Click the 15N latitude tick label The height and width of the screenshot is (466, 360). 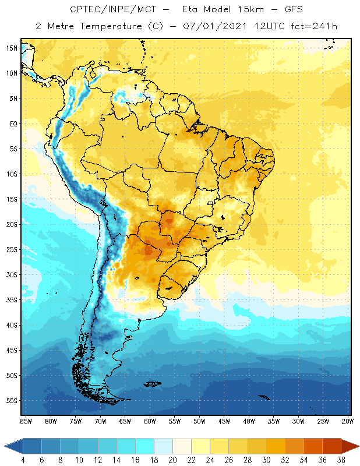pos(12,48)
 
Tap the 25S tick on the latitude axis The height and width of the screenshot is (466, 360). pos(12,249)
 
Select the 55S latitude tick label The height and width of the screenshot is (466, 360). pos(12,401)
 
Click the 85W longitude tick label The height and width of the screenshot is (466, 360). pos(26,421)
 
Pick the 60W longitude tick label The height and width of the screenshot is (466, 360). pos(150,421)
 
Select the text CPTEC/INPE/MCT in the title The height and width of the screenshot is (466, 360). pos(107,10)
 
